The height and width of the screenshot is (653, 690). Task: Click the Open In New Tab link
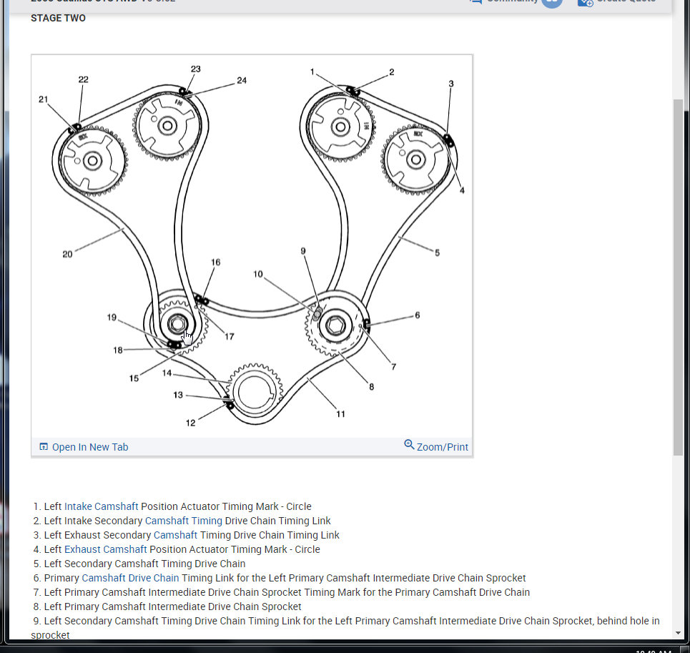84,447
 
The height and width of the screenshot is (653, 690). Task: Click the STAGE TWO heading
58,18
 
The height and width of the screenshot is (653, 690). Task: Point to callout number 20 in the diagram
67,254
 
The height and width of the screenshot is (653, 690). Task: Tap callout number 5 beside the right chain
437,252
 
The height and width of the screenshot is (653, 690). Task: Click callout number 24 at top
242,80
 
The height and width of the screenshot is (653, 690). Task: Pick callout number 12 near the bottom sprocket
191,423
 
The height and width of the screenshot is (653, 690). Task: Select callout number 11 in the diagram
341,413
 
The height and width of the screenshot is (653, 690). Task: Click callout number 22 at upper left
84,79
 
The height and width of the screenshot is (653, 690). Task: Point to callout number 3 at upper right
451,84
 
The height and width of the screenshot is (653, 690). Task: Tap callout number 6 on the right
418,315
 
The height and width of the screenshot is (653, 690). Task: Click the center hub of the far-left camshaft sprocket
92,160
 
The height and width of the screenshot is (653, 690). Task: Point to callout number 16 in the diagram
216,262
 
